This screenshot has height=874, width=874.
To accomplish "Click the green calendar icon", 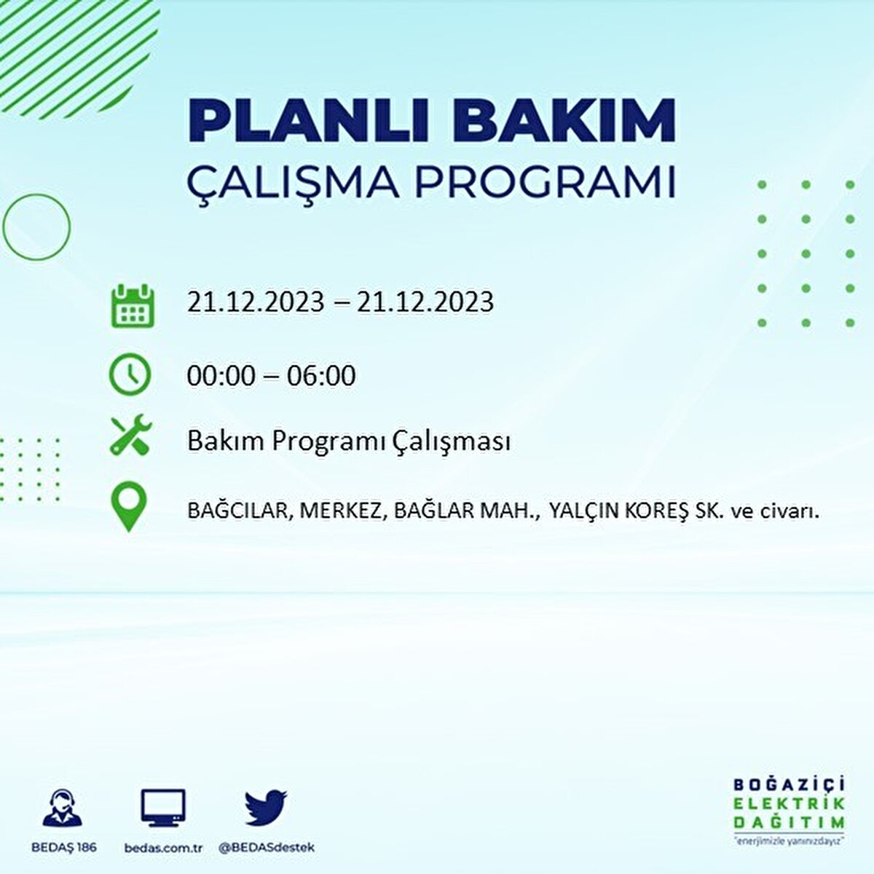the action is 133,305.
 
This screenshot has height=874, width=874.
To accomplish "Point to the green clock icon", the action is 130,374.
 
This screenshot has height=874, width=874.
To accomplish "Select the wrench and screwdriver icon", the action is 131,435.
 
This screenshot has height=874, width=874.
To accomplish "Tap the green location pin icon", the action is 129,506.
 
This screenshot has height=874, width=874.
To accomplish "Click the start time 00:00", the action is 221,376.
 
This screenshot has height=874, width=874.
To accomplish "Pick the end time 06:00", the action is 320,376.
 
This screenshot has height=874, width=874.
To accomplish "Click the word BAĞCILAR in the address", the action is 237,511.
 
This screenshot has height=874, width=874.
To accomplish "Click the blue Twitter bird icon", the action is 266,808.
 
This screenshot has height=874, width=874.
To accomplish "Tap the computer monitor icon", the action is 163,808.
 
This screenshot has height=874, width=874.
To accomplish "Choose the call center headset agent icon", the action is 63,807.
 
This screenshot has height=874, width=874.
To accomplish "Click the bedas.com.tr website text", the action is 163,847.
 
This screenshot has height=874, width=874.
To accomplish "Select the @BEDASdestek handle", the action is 267,847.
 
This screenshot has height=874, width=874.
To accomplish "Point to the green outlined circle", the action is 4,227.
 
